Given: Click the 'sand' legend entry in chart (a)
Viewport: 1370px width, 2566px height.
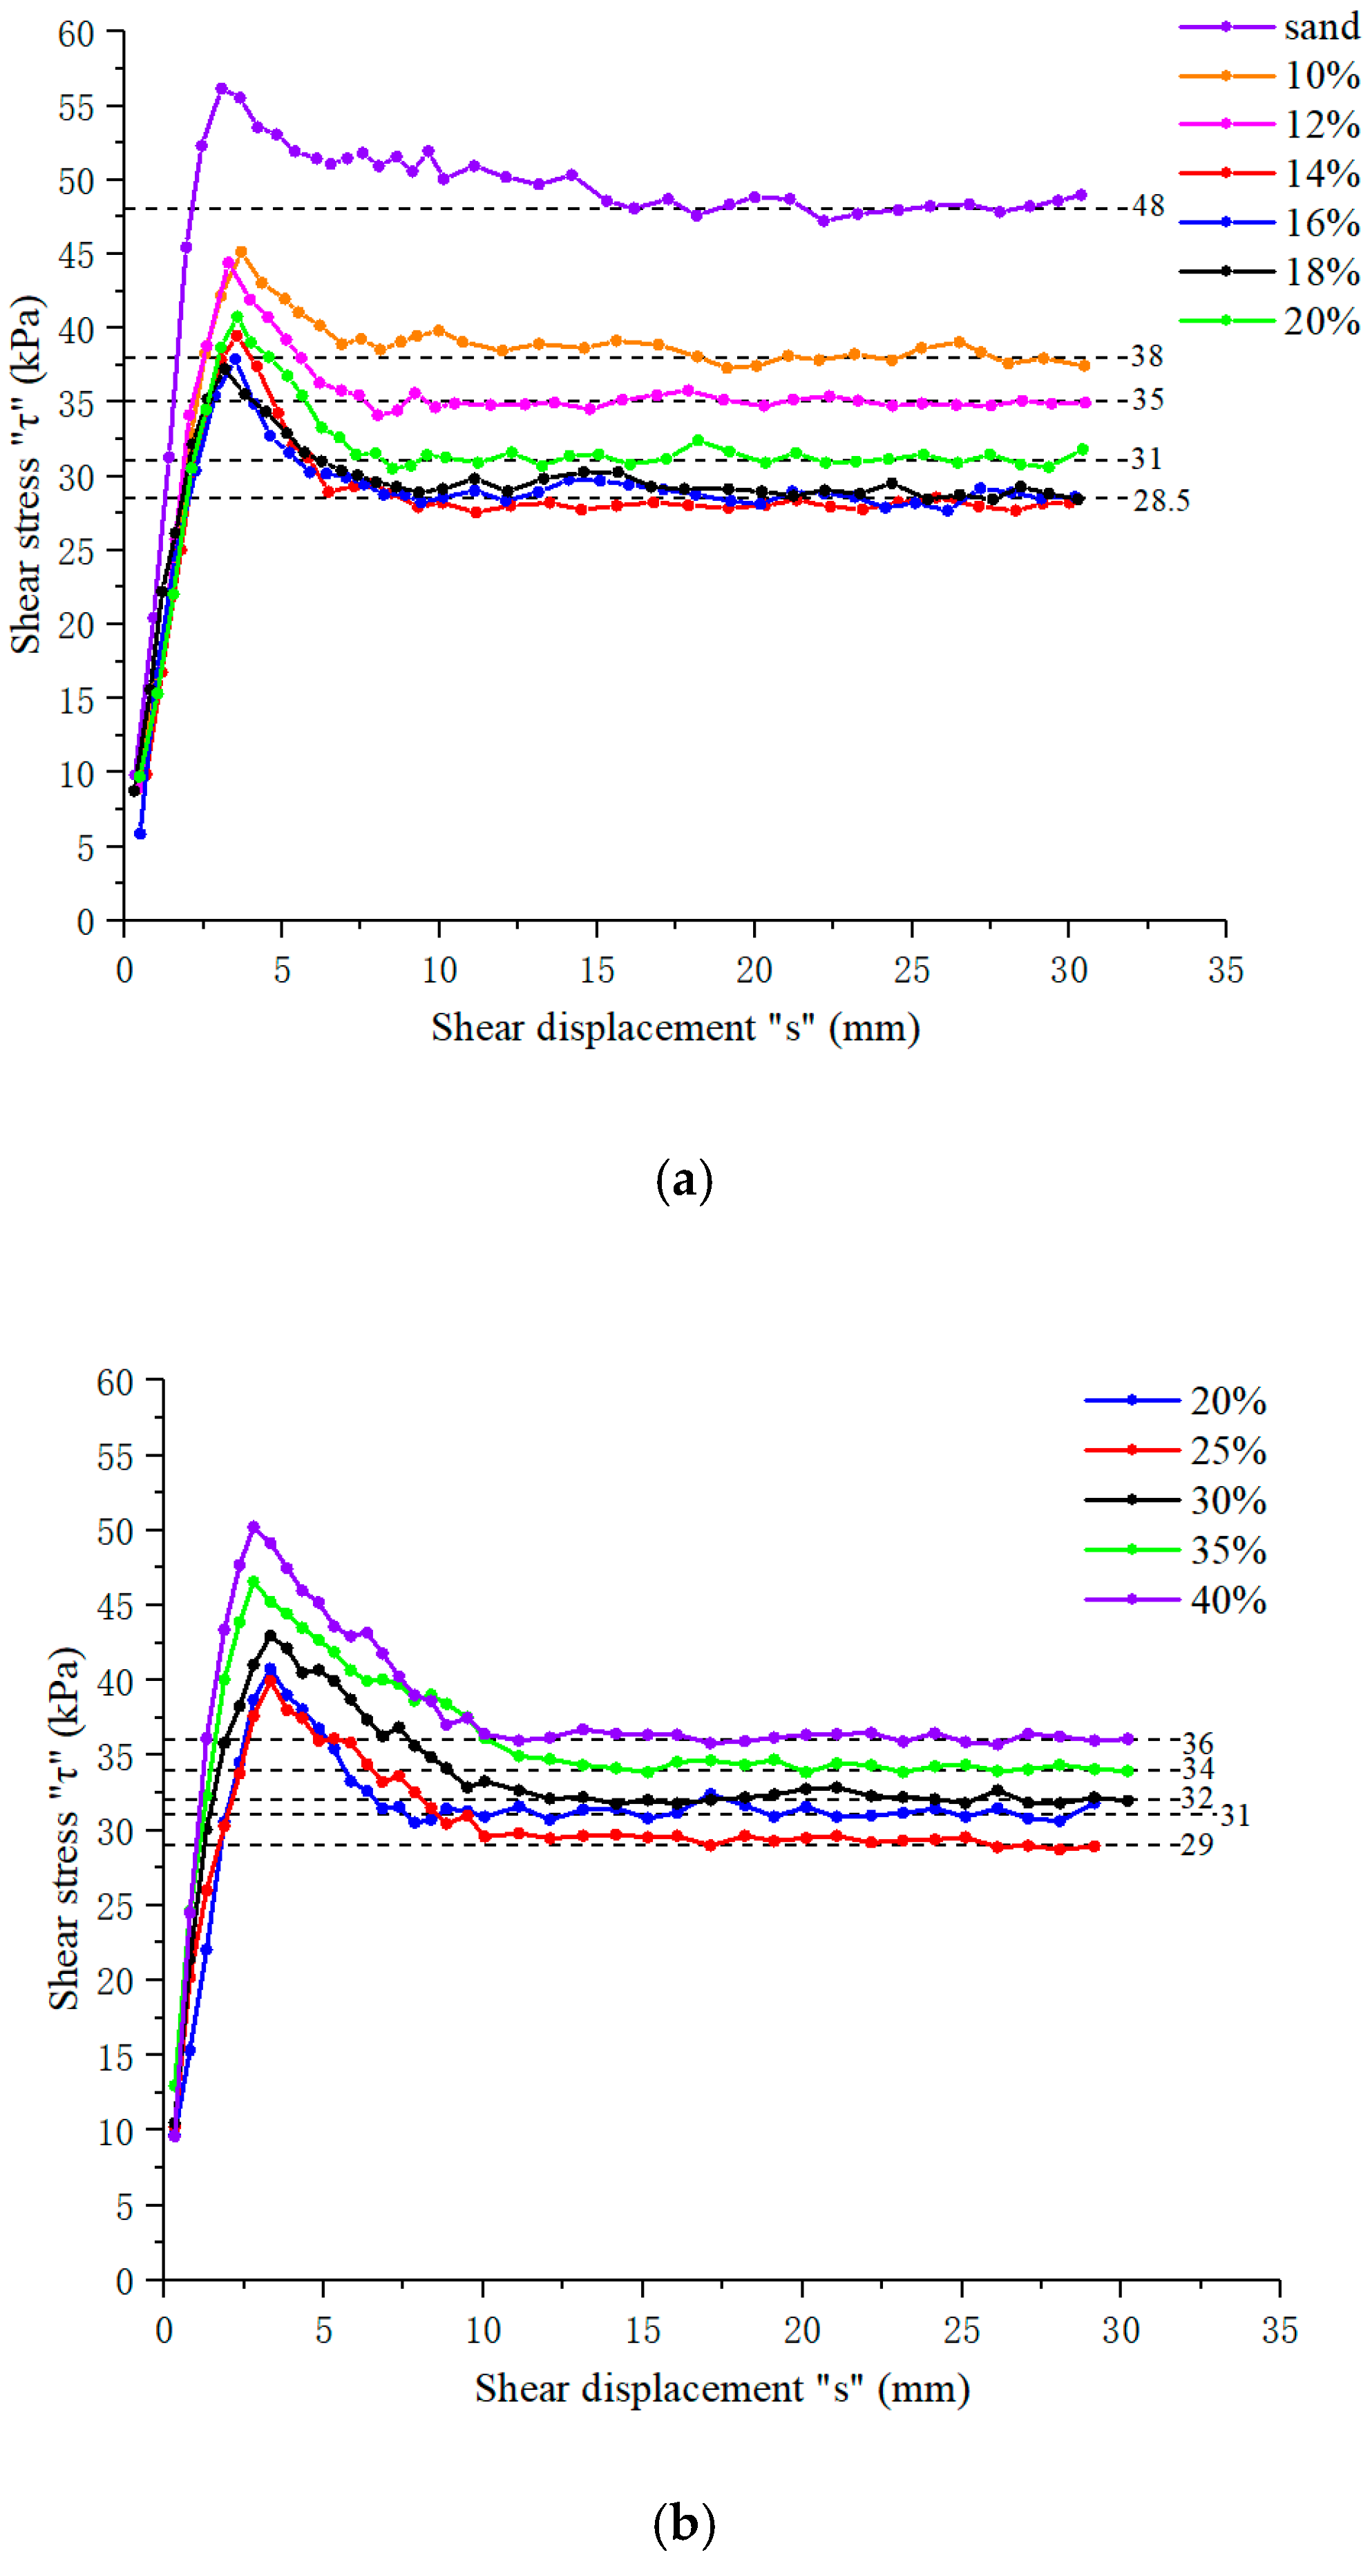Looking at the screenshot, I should [1320, 27].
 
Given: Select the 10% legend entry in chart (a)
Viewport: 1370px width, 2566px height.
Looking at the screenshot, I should [1320, 76].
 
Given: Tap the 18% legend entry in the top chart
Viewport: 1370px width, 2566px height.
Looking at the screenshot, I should [1320, 272].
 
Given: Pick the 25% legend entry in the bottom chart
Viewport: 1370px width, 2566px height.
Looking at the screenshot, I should [1228, 1452].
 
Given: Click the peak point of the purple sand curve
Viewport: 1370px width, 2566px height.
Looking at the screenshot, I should [221, 88].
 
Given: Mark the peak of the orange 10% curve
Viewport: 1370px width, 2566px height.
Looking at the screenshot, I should [240, 252].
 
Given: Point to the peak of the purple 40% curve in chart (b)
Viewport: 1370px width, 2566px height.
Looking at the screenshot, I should [253, 1527].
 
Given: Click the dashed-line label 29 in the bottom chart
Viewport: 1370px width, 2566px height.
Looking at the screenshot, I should [1197, 1844].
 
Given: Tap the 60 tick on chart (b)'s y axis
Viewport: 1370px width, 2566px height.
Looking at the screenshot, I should [115, 1382].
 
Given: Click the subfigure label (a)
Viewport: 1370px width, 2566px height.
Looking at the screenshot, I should [685, 1181].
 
